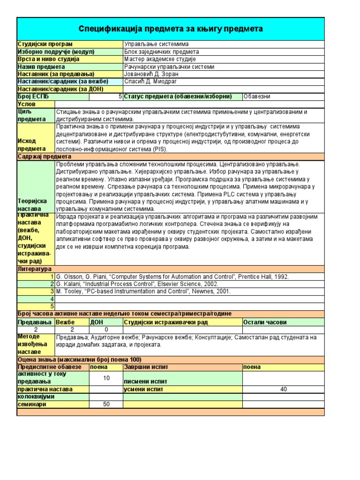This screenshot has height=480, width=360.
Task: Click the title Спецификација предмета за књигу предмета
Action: pyautogui.click(x=170, y=29)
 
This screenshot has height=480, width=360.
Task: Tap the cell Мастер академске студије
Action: pyautogui.click(x=160, y=59)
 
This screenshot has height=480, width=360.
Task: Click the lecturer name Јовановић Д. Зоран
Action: pyautogui.click(x=152, y=74)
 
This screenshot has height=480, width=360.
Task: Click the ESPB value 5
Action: pyautogui.click(x=120, y=97)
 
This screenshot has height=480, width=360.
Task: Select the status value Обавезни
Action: pyautogui.click(x=257, y=97)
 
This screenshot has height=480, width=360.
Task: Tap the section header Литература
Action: pyautogui.click(x=34, y=269)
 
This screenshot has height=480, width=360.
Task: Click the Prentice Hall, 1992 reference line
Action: pyautogui.click(x=172, y=277)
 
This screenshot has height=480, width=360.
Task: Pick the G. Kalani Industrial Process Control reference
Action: pyautogui.click(x=137, y=284)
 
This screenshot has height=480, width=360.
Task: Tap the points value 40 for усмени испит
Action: pyautogui.click(x=283, y=389)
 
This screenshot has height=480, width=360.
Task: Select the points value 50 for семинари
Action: pyautogui.click(x=106, y=404)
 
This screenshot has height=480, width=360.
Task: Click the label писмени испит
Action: pyautogui.click(x=145, y=382)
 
